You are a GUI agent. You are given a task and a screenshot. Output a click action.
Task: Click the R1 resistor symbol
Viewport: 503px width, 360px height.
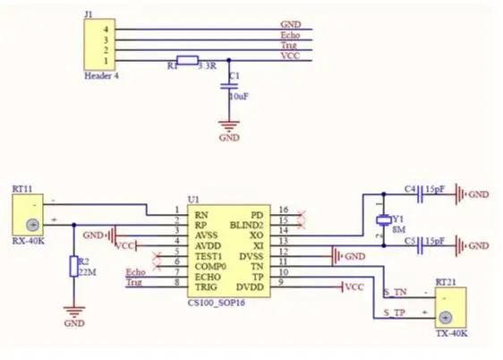187,60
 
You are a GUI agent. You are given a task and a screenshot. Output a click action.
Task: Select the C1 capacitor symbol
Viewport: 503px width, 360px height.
229,86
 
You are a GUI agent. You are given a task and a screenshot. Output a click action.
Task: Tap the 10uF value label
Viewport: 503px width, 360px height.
239,96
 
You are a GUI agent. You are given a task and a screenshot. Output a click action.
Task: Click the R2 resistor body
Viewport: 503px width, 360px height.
74,266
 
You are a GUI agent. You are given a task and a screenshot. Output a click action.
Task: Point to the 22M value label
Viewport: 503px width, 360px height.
87,272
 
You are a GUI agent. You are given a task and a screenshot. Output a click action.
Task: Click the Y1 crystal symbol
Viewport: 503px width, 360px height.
384,219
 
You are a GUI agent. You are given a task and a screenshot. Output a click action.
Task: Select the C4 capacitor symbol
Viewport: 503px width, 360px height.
420,194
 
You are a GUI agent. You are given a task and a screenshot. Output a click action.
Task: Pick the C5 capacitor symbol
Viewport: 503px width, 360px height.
420,245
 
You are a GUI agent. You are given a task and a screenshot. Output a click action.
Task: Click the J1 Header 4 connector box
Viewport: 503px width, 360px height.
99,44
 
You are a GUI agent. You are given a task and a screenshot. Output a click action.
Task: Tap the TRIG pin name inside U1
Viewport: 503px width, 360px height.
206,287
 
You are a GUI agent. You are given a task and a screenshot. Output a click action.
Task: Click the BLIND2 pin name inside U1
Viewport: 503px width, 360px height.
246,226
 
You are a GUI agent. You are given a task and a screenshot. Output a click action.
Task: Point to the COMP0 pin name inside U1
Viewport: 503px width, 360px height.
210,267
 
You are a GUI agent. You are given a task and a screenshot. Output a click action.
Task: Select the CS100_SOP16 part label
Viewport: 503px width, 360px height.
217,303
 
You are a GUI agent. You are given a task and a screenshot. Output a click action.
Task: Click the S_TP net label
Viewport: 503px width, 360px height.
394,313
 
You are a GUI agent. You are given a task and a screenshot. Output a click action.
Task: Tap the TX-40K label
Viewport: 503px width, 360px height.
451,333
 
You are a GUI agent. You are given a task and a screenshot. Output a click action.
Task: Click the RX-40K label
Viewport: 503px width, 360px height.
29,241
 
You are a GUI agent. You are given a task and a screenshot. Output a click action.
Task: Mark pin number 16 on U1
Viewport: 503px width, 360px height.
284,210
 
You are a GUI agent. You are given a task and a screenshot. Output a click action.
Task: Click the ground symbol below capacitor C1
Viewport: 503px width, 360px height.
229,126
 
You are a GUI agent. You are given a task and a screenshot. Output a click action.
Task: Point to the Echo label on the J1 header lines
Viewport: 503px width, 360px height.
290,35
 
